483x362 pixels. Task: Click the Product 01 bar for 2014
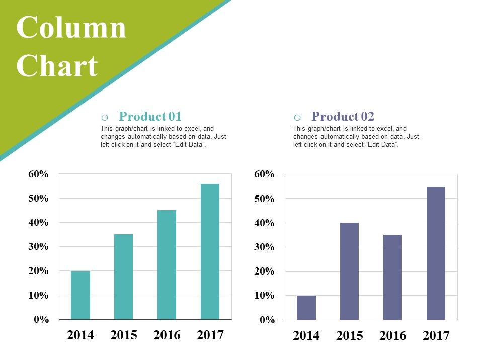(x=80, y=295)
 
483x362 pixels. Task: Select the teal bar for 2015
(x=124, y=277)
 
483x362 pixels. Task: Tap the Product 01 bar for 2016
(x=167, y=264)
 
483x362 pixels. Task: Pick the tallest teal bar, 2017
(x=210, y=251)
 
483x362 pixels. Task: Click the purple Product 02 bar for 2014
(x=306, y=308)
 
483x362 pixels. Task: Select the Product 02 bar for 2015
(x=350, y=271)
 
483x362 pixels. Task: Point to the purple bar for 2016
(x=393, y=277)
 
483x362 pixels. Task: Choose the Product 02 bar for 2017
(x=436, y=253)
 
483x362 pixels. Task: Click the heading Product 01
(x=150, y=117)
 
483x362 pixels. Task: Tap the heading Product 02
(x=343, y=117)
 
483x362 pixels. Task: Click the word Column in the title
(x=71, y=28)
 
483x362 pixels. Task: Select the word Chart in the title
(x=57, y=66)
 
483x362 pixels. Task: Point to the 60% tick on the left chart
(x=39, y=174)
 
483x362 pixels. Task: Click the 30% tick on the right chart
(x=265, y=247)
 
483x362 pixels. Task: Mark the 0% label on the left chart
(x=41, y=319)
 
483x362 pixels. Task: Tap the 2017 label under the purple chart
(x=436, y=335)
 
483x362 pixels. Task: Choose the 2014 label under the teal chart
(x=80, y=335)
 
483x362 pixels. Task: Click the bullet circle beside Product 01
(x=104, y=118)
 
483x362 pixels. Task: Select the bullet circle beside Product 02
(x=297, y=118)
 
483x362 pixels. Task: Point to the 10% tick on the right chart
(x=265, y=296)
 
